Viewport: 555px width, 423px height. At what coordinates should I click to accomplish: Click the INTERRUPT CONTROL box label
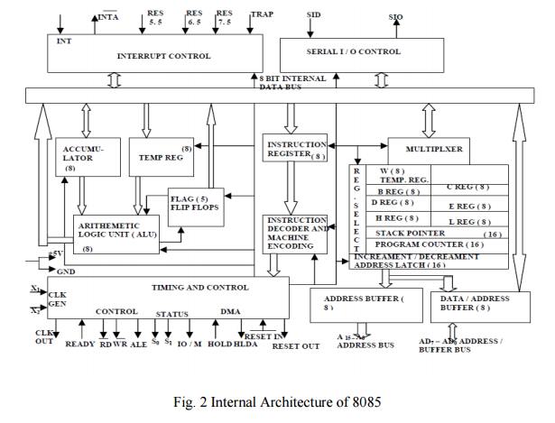pos(163,56)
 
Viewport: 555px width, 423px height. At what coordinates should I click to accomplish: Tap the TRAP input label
pos(262,14)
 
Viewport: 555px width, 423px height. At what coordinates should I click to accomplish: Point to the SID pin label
pos(313,15)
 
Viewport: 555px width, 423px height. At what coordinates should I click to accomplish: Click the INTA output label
pos(107,16)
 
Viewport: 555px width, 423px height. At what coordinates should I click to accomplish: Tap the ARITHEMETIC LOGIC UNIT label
pos(123,232)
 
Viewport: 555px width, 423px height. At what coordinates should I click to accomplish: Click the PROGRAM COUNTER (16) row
pos(430,244)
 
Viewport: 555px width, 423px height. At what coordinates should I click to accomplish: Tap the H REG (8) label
pos(395,217)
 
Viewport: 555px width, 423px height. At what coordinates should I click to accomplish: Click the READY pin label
pos(80,344)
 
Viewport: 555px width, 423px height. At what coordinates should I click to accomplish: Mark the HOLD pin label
pos(219,344)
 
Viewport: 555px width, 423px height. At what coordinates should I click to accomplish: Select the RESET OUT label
pos(296,346)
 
